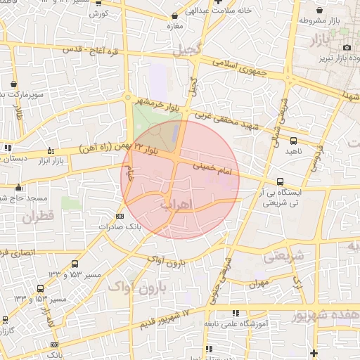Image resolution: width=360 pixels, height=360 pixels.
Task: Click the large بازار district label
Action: (x=324, y=41)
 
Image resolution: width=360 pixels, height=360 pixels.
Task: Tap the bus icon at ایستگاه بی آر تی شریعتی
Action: (x=281, y=181)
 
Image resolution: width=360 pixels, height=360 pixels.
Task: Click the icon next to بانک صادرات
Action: (x=120, y=216)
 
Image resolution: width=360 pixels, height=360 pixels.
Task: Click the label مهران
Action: (x=259, y=285)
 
